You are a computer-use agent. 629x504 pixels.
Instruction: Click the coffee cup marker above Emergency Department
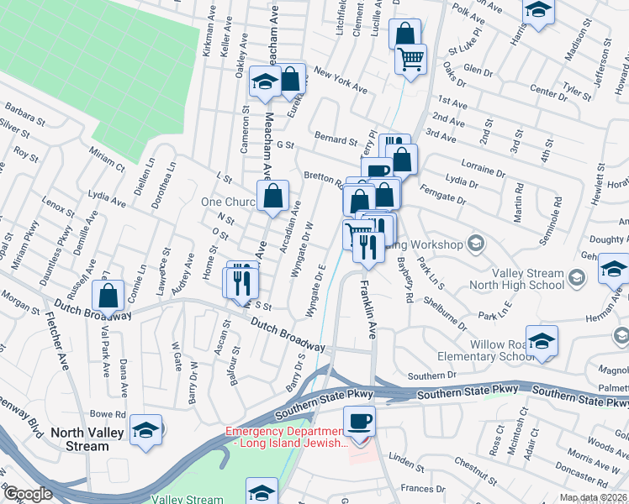(x=359, y=420)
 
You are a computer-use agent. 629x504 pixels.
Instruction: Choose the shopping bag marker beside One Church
(x=274, y=197)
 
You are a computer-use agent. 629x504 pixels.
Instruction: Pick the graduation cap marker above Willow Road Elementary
(x=542, y=340)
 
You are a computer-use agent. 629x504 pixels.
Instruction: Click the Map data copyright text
(x=593, y=498)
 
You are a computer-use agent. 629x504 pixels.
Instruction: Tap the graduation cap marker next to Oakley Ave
(x=264, y=82)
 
